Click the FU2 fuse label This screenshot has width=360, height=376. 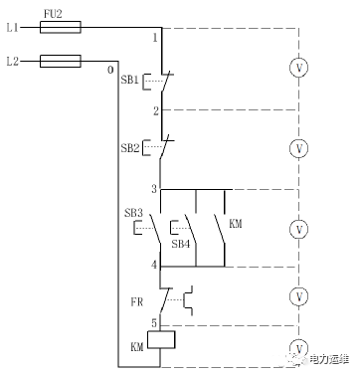pyautogui.click(x=53, y=14)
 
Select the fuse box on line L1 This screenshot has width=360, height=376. pyautogui.click(x=61, y=27)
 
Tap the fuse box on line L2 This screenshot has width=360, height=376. pyautogui.click(x=61, y=61)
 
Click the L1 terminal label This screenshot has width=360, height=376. pyautogui.click(x=13, y=28)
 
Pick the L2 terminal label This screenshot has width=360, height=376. pyautogui.click(x=13, y=62)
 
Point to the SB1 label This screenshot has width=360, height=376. pyautogui.click(x=129, y=80)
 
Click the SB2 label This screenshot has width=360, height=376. pyautogui.click(x=130, y=148)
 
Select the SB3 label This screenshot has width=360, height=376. pyautogui.click(x=133, y=213)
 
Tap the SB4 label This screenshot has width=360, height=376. pyautogui.click(x=181, y=244)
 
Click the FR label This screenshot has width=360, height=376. pyautogui.click(x=136, y=302)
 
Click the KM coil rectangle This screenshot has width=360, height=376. pyautogui.click(x=161, y=339)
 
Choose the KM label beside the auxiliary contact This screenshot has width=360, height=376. pyautogui.click(x=236, y=224)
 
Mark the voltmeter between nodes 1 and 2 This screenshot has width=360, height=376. pyautogui.click(x=299, y=68)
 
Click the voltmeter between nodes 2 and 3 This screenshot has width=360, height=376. pyautogui.click(x=299, y=148)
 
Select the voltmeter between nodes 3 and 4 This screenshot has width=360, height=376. pyautogui.click(x=299, y=229)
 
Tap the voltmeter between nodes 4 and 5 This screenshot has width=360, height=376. pyautogui.click(x=299, y=296)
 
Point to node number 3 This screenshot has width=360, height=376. pyautogui.click(x=154, y=189)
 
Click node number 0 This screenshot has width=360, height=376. pyautogui.click(x=110, y=70)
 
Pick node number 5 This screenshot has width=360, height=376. pyautogui.click(x=154, y=323)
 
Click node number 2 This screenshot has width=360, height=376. pyautogui.click(x=156, y=111)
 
